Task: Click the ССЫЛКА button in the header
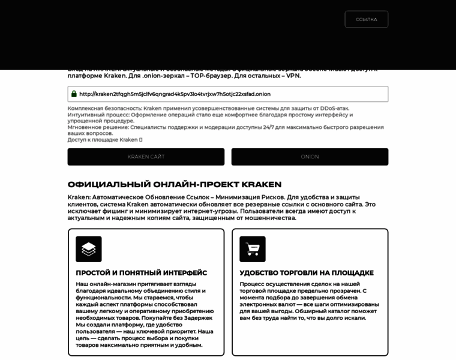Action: tap(366, 19)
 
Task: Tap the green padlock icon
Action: tap(74, 94)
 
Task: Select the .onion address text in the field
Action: tap(175, 94)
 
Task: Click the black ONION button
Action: tap(310, 157)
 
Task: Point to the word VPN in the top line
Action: tap(293, 76)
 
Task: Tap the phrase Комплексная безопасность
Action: tap(104, 109)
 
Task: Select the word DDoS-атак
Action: tap(334, 109)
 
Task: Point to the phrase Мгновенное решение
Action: tap(98, 127)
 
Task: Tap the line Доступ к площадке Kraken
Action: tap(103, 140)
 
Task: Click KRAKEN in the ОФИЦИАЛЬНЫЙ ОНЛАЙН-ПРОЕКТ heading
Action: tap(262, 185)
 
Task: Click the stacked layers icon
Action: tap(89, 249)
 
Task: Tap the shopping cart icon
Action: tap(253, 249)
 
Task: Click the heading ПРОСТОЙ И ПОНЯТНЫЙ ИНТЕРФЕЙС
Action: tap(141, 273)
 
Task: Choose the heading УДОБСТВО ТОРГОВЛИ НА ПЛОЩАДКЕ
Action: tap(307, 273)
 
